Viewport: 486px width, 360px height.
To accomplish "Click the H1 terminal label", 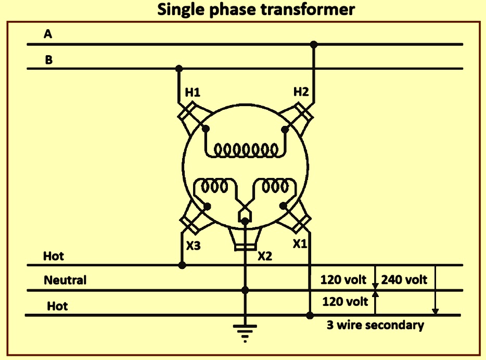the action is pos(193,92).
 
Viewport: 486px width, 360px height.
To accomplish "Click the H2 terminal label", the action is pos(301,92).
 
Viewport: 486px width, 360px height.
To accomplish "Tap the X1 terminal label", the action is pos(300,244).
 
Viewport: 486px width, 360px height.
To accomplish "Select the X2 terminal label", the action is pos(265,256).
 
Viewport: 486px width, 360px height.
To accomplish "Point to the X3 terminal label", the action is pos(194,246).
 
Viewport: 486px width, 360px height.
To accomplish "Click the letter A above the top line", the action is pos(48,34).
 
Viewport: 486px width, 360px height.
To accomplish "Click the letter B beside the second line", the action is pos(49,59).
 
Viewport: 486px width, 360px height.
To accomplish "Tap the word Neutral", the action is pos(65,280).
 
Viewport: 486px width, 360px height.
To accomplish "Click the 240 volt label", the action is pos(404,279).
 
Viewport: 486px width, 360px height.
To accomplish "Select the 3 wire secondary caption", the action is pos(375,325).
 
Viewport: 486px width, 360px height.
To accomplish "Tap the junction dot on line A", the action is pos(314,44).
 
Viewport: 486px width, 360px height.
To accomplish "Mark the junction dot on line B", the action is pos(179,69).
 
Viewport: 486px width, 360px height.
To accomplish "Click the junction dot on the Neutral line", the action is pos(245,290).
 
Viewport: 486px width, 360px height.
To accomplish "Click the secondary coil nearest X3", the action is pos(214,186).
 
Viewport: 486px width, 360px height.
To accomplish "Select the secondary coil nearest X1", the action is pos(275,186).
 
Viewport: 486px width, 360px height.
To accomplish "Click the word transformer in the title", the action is pos(308,9).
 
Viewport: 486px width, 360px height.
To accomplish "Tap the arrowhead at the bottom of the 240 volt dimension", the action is pos(435,312).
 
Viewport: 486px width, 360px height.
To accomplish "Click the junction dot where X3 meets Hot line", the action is pos(182,265).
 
